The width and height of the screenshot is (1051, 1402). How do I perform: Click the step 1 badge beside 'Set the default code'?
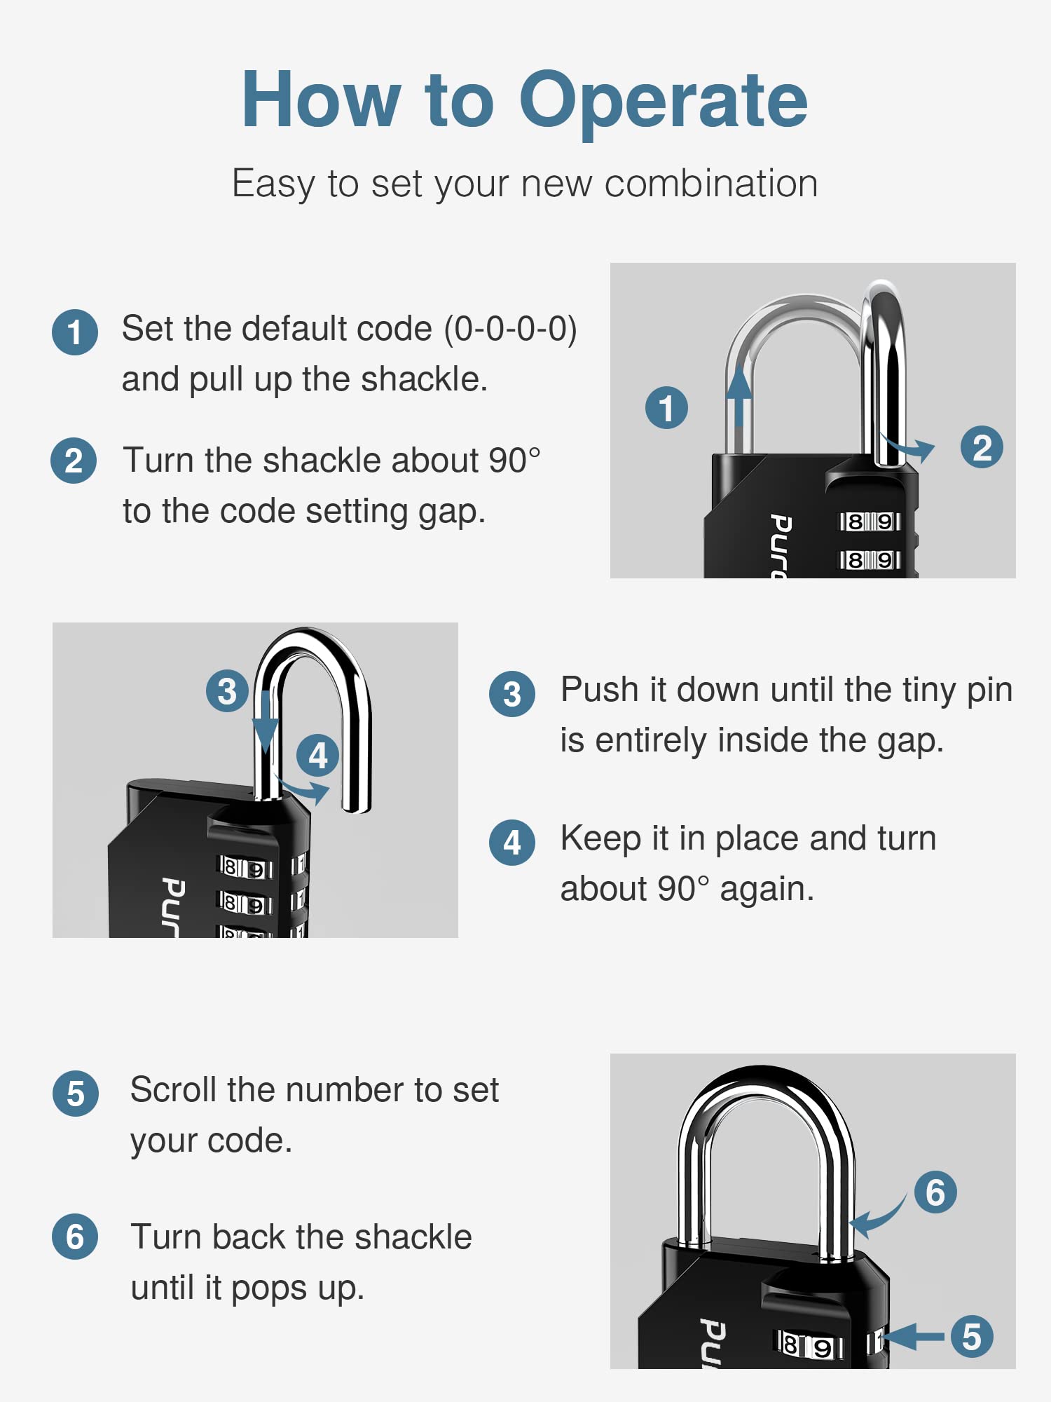coord(75,332)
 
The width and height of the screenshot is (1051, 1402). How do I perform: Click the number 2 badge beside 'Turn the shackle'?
coord(74,461)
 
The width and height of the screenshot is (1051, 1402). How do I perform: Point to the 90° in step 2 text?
coord(514,461)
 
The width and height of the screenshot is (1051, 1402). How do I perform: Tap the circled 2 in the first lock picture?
coord(982,447)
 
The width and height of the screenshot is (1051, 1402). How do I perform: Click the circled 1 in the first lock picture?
coord(666,407)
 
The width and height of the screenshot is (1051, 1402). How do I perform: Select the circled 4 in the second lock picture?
coord(317,756)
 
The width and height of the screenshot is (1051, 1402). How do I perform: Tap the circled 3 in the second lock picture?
coord(227,691)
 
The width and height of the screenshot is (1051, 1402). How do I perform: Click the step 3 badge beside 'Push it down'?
coord(512,694)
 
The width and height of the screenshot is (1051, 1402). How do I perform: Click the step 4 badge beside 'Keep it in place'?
coord(512,842)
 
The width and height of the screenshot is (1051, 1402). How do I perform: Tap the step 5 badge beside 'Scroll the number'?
coord(76,1094)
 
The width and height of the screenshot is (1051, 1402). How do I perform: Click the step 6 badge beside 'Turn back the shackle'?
coord(75,1237)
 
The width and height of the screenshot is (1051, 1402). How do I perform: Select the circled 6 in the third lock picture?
coord(935,1192)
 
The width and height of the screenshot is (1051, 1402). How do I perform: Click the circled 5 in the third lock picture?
coord(971,1337)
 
